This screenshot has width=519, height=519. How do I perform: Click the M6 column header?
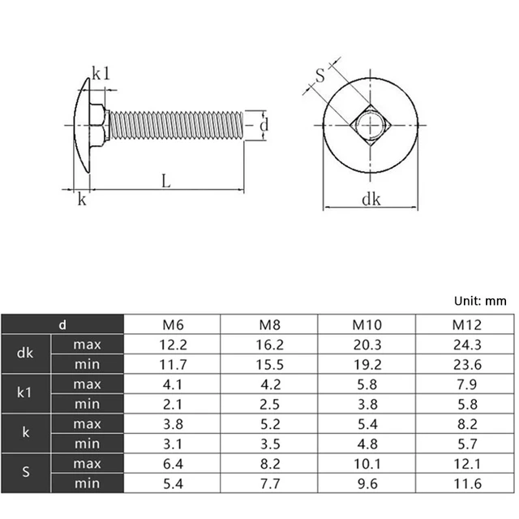(x=172, y=325)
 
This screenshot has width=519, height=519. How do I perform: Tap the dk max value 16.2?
(x=269, y=345)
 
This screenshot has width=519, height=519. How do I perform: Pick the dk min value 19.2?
(x=367, y=364)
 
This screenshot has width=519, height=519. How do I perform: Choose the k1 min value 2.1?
(x=172, y=404)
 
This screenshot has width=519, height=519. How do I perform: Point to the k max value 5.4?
(x=367, y=424)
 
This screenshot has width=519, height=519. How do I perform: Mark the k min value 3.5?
(x=269, y=444)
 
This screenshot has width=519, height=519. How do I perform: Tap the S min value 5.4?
(x=172, y=483)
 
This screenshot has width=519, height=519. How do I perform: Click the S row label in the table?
(x=25, y=473)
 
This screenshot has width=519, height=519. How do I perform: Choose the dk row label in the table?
(x=25, y=354)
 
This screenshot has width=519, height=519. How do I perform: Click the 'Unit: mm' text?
(x=480, y=300)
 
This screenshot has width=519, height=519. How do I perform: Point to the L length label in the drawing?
(x=165, y=182)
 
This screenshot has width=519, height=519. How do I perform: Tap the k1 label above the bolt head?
(x=100, y=74)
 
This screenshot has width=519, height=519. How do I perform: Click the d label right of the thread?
(x=264, y=125)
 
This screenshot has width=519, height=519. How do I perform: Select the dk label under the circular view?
(x=371, y=199)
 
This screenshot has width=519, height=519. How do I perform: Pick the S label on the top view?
(x=320, y=77)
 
